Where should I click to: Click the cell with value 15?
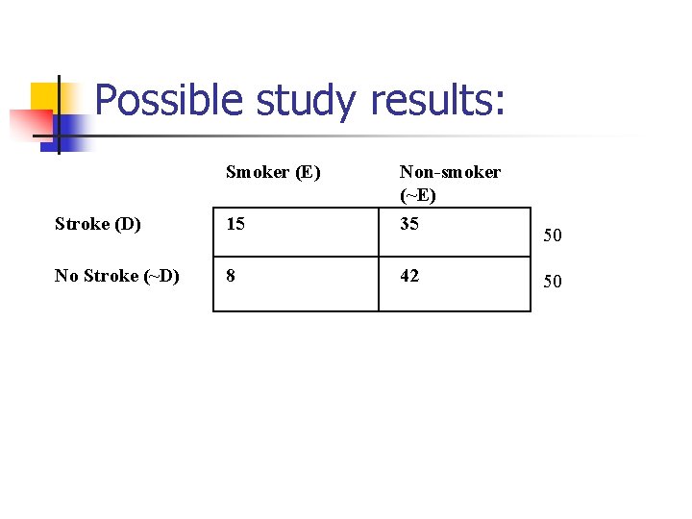pos(235,225)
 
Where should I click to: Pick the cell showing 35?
pos(409,225)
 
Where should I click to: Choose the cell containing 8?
pos(231,276)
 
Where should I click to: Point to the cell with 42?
pos(409,276)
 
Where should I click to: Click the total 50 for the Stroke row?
pos(553,235)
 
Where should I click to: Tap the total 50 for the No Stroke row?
pos(553,282)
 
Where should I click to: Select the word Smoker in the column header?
pos(257,173)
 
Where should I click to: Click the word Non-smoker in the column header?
pos(450,173)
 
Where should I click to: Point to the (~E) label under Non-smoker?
pos(418,196)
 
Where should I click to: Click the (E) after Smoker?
pos(308,173)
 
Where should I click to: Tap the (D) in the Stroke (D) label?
pos(128,225)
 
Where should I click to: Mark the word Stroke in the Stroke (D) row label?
pos(82,225)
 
